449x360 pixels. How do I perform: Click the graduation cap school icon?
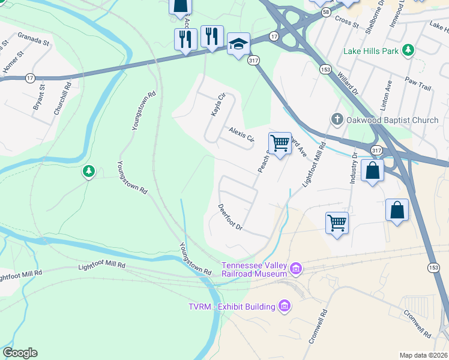pyautogui.click(x=238, y=44)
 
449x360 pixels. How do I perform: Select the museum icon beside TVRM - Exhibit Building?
pyautogui.click(x=285, y=307)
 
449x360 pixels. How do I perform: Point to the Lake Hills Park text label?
pyautogui.click(x=371, y=51)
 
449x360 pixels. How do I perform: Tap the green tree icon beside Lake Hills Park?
pyautogui.click(x=408, y=50)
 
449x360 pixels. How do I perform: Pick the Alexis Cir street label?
pyautogui.click(x=241, y=135)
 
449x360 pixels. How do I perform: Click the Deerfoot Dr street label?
pyautogui.click(x=230, y=218)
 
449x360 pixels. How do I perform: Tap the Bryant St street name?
pyautogui.click(x=39, y=97)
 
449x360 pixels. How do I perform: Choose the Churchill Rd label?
pyautogui.click(x=59, y=95)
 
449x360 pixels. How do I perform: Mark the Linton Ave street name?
pyautogui.click(x=388, y=93)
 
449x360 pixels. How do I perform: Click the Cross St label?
pyautogui.click(x=347, y=23)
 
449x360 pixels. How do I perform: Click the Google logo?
pyautogui.click(x=20, y=353)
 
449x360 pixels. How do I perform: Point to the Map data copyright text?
pyautogui.click(x=424, y=355)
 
